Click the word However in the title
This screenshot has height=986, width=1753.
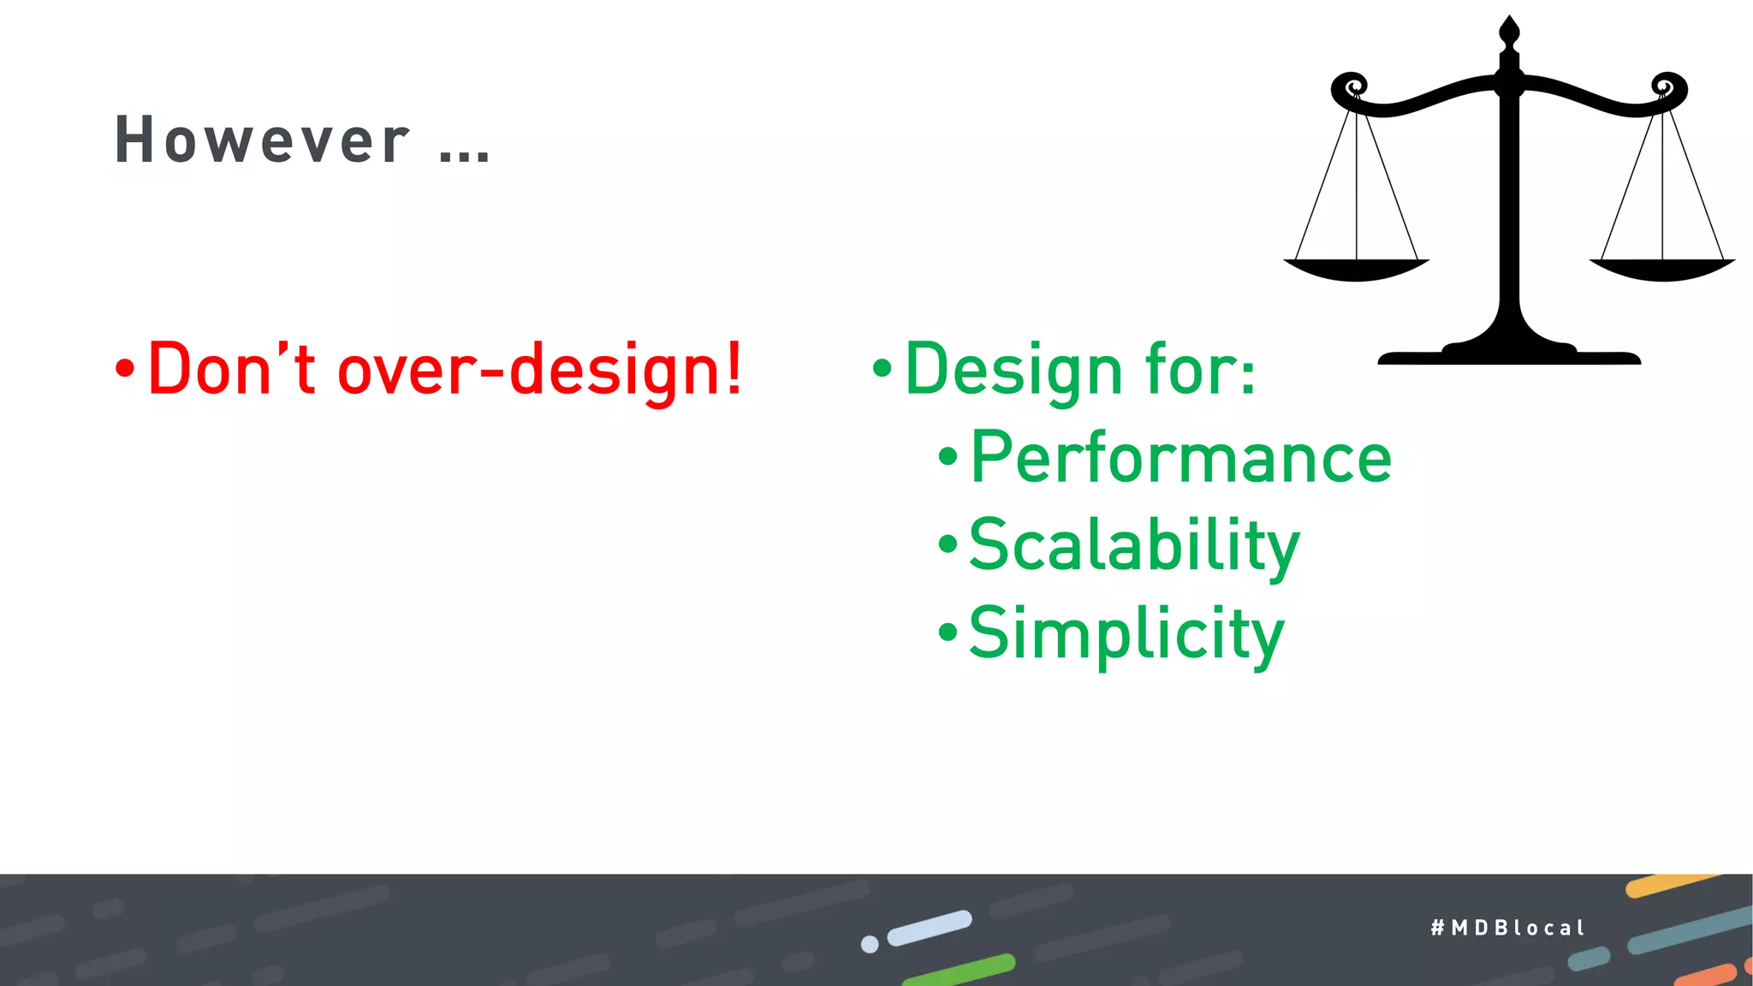pos(262,140)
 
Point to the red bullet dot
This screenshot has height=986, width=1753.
pos(125,370)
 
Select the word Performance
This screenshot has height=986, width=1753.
pos(1180,459)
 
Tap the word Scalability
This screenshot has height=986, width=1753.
pos(1133,546)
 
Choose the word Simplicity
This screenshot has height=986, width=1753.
pos(1126,634)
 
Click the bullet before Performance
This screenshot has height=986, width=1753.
pos(948,457)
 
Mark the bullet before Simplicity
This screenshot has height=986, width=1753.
pos(948,633)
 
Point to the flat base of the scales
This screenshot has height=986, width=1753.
pos(1509,356)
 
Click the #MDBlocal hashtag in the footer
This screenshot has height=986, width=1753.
pos(1507,928)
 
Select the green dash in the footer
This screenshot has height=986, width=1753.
pos(959,970)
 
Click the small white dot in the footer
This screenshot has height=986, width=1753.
pos(870,944)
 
